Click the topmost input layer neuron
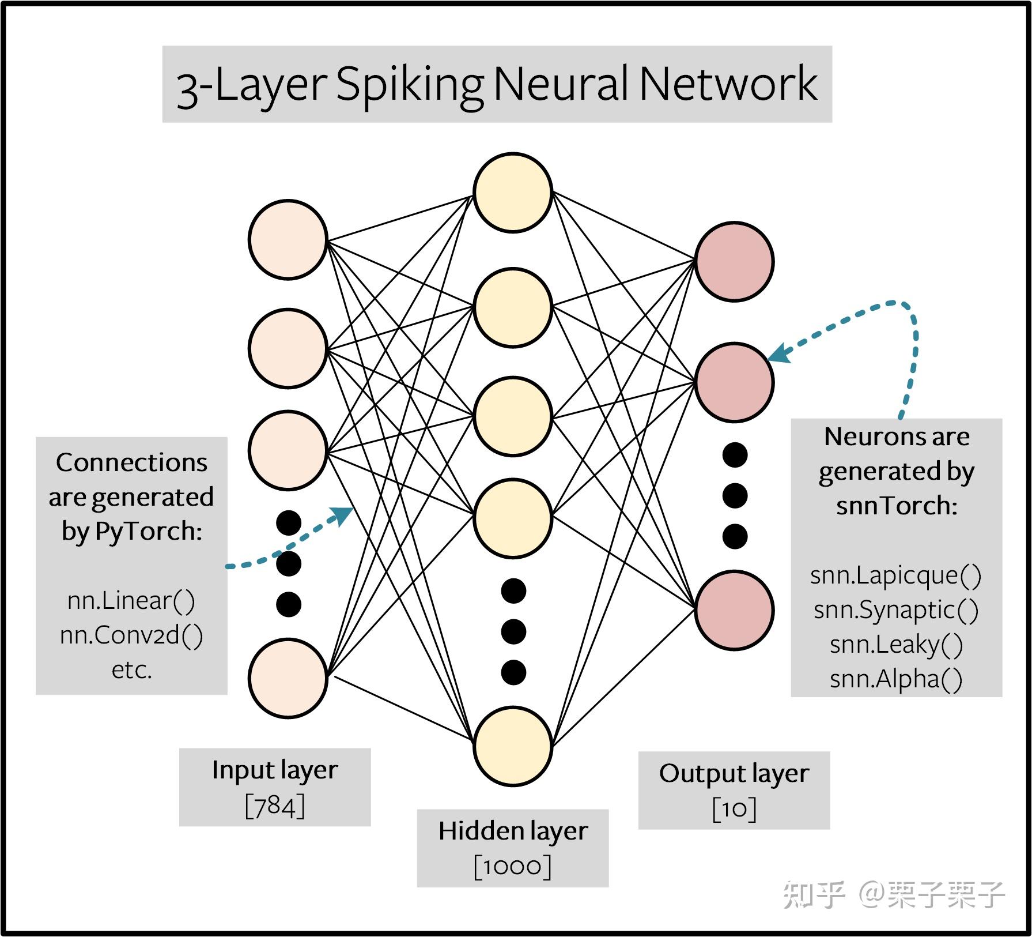288,239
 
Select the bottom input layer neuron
288,678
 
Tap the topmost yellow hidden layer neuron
513,193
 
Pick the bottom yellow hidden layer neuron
513,746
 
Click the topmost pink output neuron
734,261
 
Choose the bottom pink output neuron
734,610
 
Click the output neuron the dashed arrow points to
734,382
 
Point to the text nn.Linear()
131,601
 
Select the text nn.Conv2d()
131,635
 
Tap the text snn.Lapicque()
895,575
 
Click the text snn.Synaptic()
895,610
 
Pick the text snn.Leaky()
895,645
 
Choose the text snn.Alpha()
895,679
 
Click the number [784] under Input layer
275,806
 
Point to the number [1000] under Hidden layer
512,867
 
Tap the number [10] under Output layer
734,809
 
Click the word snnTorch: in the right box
897,506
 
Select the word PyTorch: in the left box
149,532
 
